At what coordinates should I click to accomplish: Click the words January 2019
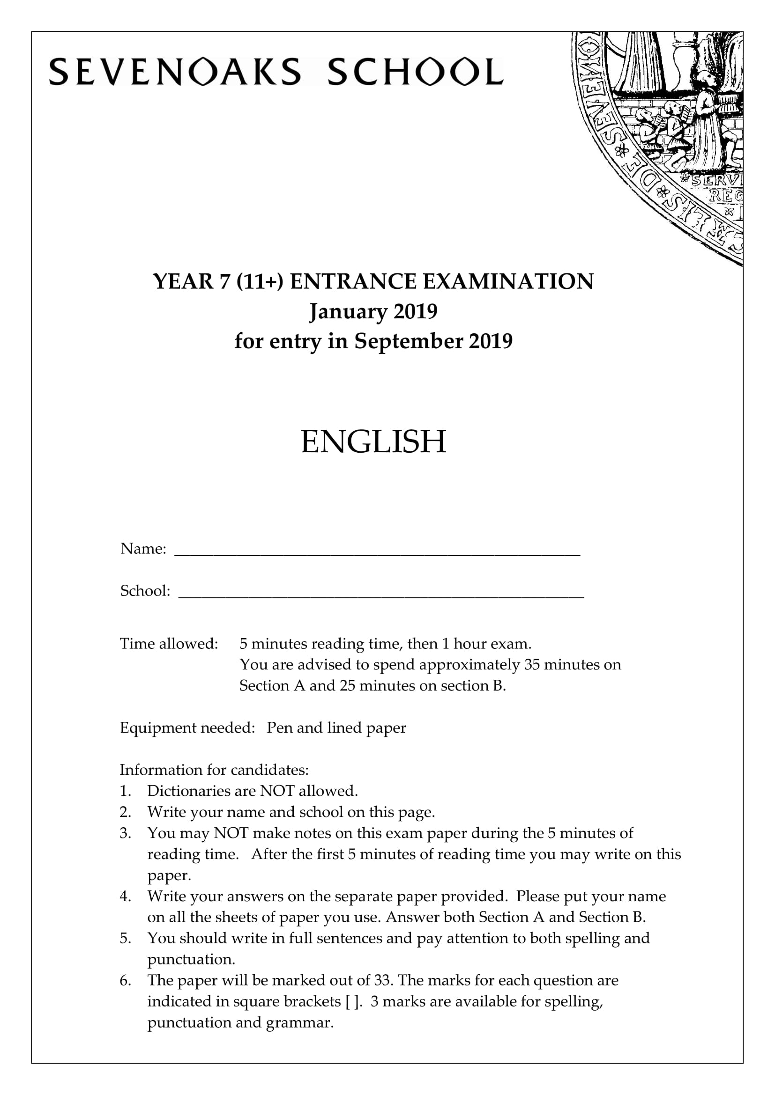[x=373, y=311]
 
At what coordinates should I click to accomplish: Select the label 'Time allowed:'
[x=169, y=644]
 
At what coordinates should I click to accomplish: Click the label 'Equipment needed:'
[x=187, y=728]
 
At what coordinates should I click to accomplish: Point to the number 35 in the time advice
[x=532, y=665]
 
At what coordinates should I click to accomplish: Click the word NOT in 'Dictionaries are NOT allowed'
[x=277, y=791]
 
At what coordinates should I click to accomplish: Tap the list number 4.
[x=125, y=896]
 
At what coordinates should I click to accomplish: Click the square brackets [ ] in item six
[x=352, y=1001]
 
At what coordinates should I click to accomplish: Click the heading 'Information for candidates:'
[x=214, y=770]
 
